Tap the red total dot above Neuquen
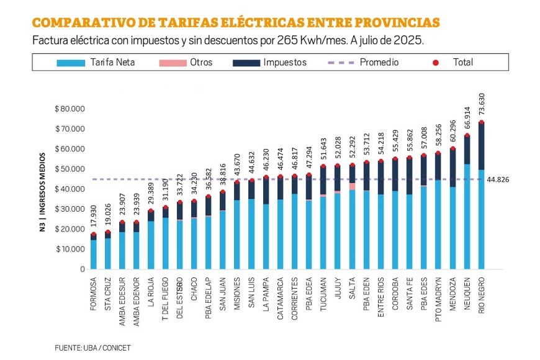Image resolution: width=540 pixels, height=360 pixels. coord(467,135)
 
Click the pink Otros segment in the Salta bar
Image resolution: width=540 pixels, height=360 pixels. coord(353,186)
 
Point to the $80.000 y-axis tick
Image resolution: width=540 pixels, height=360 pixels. coord(70,109)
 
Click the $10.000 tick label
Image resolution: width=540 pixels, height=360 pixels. coord(70,249)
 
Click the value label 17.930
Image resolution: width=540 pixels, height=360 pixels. coord(93,218)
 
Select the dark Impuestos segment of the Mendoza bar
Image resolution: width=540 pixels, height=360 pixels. coord(453,168)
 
